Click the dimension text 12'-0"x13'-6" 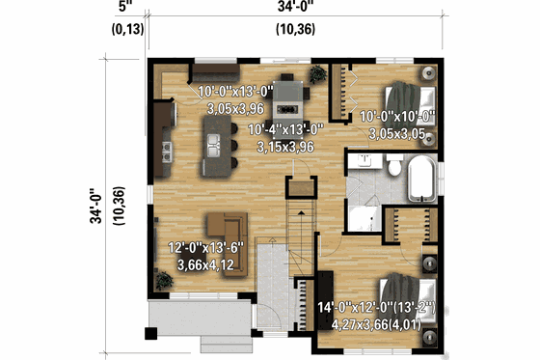pyautogui.click(x=206, y=248)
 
